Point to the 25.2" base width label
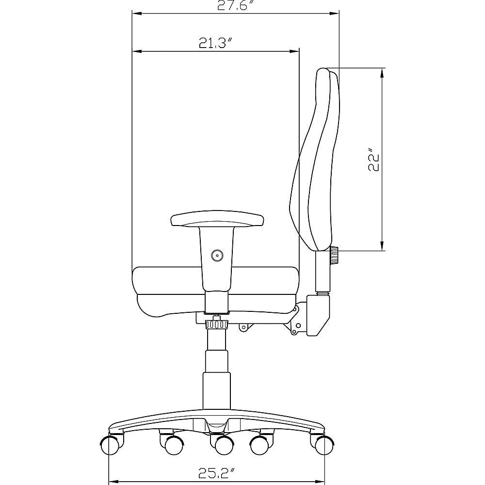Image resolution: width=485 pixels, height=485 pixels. [216, 473]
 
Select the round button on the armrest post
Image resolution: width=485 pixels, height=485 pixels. [217, 256]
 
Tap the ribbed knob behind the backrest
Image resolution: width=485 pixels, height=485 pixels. [334, 255]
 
